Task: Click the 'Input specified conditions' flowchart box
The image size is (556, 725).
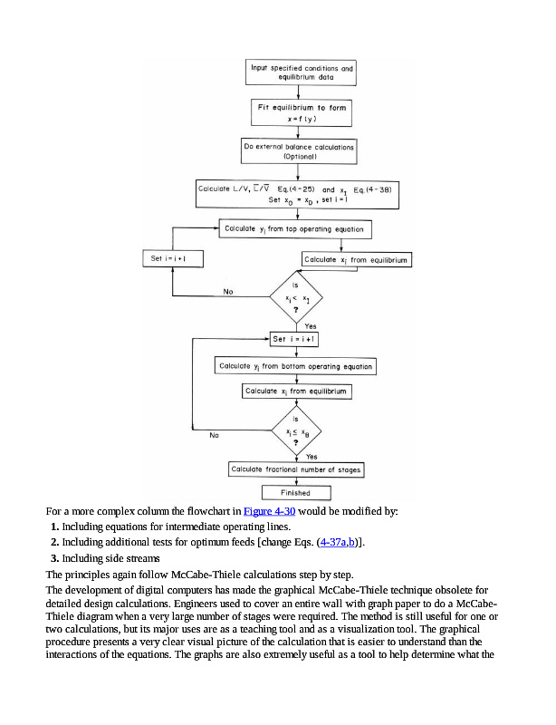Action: pos(302,73)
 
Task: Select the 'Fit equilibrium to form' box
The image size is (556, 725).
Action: pos(299,112)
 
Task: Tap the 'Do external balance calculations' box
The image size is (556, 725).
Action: pos(298,151)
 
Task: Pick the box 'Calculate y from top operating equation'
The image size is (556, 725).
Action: pos(294,229)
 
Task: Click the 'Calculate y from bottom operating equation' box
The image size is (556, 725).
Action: pos(295,366)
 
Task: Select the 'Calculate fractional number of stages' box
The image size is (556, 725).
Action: pos(296,469)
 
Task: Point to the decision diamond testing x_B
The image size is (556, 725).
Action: pos(296,433)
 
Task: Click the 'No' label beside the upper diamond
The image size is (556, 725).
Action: pos(228,292)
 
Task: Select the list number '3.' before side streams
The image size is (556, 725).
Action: pos(55,558)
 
